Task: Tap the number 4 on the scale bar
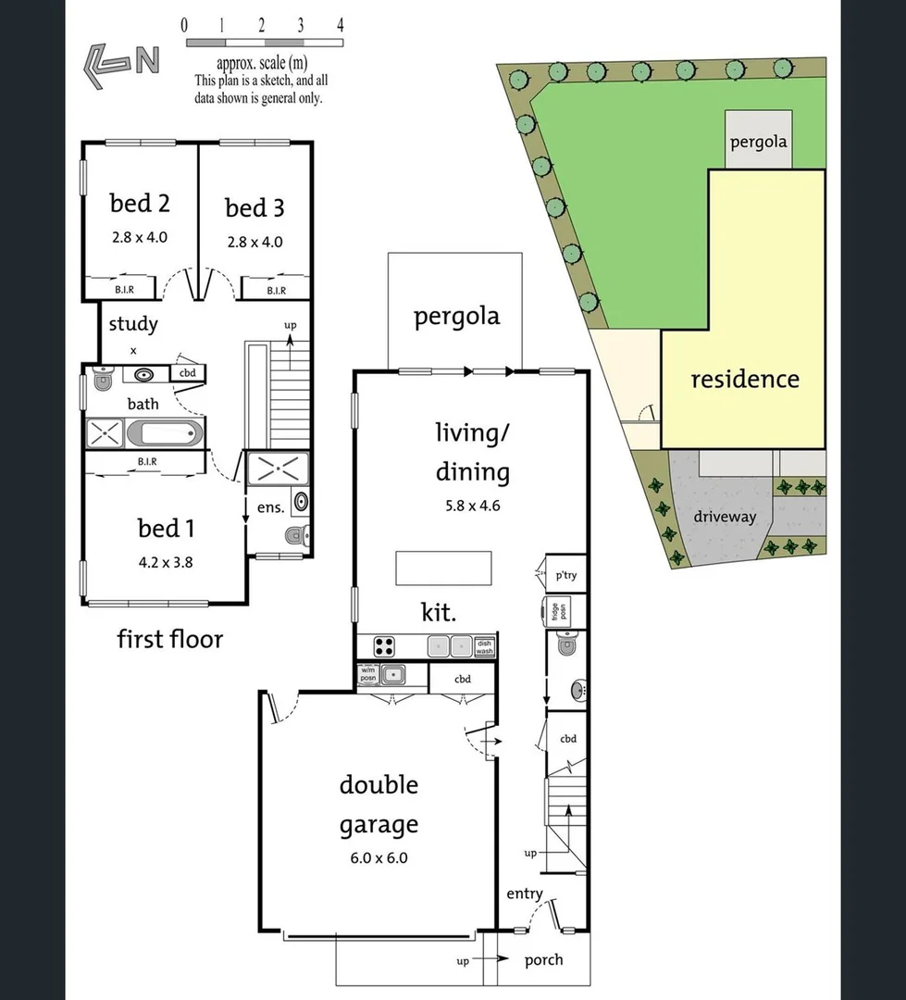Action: pos(341,26)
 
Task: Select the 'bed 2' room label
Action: pos(140,203)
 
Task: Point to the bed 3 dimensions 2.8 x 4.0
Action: pos(254,242)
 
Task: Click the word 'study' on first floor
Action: pos(133,324)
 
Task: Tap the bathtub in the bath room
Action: pos(166,432)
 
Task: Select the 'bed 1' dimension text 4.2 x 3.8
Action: pos(165,561)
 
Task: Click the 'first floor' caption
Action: pos(169,639)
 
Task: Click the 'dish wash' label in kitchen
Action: pos(485,646)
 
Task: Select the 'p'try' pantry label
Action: pos(565,575)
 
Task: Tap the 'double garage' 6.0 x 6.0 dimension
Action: pos(379,857)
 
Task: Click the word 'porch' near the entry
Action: pos(543,959)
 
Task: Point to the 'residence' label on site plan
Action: pos(744,379)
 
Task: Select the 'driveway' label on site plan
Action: pos(725,517)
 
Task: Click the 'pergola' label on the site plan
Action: pos(758,142)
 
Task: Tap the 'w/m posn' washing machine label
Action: pos(367,675)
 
